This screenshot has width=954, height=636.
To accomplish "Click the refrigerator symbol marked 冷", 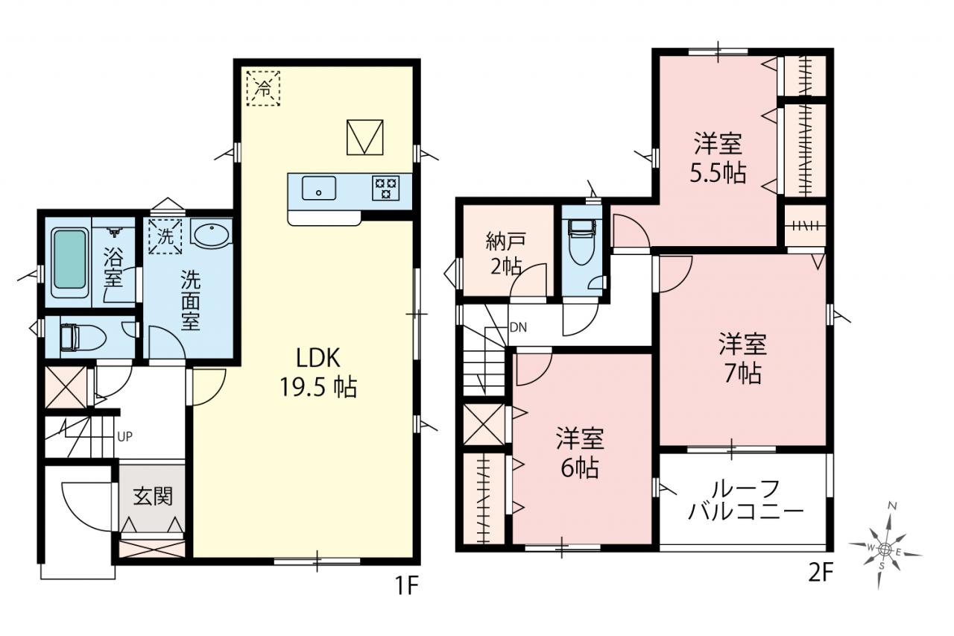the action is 264,88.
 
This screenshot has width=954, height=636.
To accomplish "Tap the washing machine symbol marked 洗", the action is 165,236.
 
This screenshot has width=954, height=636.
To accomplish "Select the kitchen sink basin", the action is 319,189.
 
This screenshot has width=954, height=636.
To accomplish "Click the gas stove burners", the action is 386,188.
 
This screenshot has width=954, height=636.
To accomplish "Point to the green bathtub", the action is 70,263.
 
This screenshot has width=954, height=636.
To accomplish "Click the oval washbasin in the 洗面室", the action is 210,233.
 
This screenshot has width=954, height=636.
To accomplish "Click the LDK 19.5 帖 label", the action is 318,372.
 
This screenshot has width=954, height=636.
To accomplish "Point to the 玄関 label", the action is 153,497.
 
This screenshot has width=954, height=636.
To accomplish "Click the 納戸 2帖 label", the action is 506,254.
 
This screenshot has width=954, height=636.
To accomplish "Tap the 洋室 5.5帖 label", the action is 718,158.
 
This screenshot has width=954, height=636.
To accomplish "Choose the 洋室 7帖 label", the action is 743,358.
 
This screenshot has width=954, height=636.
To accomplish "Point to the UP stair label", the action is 124,437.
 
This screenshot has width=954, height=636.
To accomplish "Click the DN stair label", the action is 518,327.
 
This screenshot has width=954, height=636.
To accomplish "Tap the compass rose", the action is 884,550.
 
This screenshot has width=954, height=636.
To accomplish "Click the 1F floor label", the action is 407,586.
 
